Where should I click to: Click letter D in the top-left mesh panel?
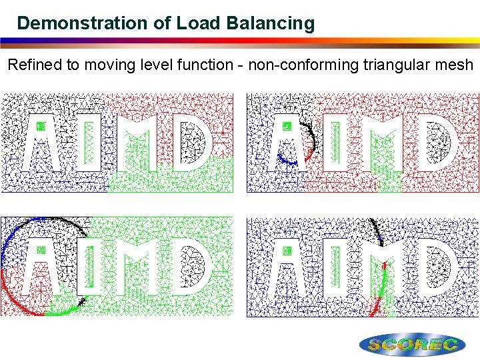(193, 141)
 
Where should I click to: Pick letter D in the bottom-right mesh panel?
(439, 267)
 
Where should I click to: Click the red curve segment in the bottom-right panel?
(376, 307)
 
